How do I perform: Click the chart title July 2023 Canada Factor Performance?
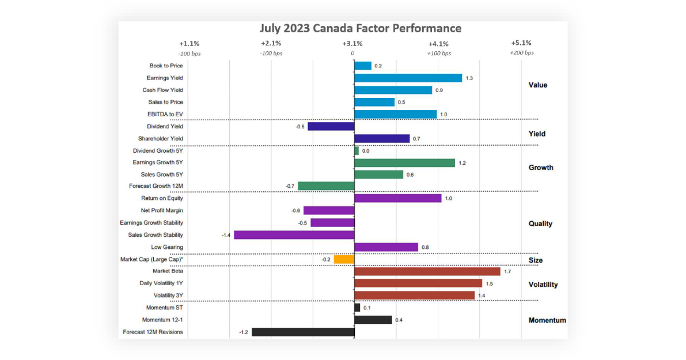(x=361, y=28)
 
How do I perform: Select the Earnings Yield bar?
(x=408, y=78)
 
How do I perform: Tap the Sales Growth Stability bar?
(x=294, y=235)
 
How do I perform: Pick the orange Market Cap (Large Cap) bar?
(x=344, y=259)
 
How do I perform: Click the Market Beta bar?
(x=427, y=271)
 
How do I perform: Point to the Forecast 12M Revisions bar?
(x=303, y=332)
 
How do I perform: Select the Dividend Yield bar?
(x=331, y=126)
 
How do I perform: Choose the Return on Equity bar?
(x=397, y=198)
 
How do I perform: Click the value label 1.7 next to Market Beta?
(x=507, y=271)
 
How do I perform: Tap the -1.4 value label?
(x=226, y=235)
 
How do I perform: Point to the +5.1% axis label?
(x=521, y=43)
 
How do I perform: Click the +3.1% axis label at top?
(x=353, y=43)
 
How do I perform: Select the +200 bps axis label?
(x=521, y=53)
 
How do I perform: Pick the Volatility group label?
(x=543, y=285)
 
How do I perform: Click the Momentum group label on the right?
(x=547, y=320)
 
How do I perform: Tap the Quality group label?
(x=540, y=223)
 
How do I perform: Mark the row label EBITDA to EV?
(x=165, y=114)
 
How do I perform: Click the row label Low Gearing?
(x=167, y=247)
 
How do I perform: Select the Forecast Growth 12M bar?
(x=325, y=186)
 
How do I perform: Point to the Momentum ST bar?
(x=357, y=308)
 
